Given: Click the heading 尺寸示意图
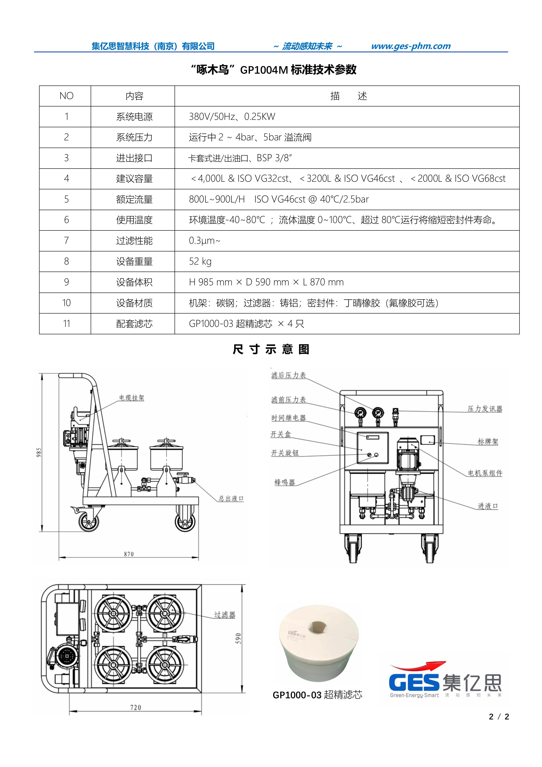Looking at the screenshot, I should coord(271,349).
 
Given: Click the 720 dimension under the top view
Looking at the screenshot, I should coord(135,708).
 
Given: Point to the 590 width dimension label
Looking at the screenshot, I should coord(238,638).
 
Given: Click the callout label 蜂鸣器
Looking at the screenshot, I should coord(285,482).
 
